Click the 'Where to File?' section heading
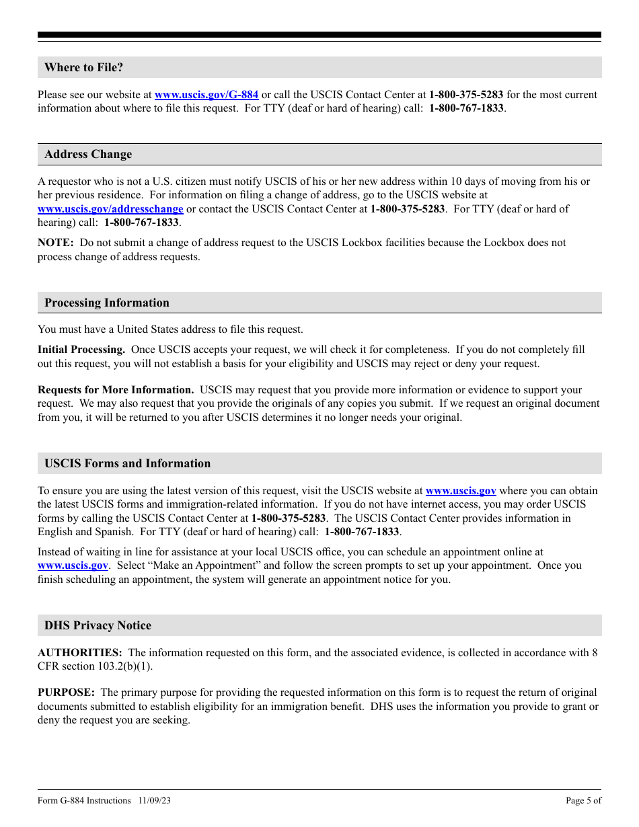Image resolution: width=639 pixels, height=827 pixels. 83,67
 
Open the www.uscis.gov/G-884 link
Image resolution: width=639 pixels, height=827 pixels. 206,95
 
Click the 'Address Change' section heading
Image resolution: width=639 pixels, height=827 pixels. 88,154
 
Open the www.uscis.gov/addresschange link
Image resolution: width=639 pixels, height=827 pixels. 110,209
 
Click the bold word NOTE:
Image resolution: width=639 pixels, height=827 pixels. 55,243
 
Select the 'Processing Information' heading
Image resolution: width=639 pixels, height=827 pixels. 107,303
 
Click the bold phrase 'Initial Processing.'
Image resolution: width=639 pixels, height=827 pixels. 81,350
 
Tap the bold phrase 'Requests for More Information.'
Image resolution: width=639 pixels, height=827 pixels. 116,390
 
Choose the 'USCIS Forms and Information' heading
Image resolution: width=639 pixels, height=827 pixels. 127,463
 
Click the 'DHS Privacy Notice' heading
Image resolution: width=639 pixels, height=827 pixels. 98,625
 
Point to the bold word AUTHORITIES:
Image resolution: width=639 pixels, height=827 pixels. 79,652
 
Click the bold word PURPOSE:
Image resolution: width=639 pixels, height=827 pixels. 66,693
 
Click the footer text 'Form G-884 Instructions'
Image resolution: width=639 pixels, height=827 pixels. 84,801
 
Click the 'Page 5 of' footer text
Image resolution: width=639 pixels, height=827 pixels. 583,801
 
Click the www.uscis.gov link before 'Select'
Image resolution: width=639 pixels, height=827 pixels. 73,565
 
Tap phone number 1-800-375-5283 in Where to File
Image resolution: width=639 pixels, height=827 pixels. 466,95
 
